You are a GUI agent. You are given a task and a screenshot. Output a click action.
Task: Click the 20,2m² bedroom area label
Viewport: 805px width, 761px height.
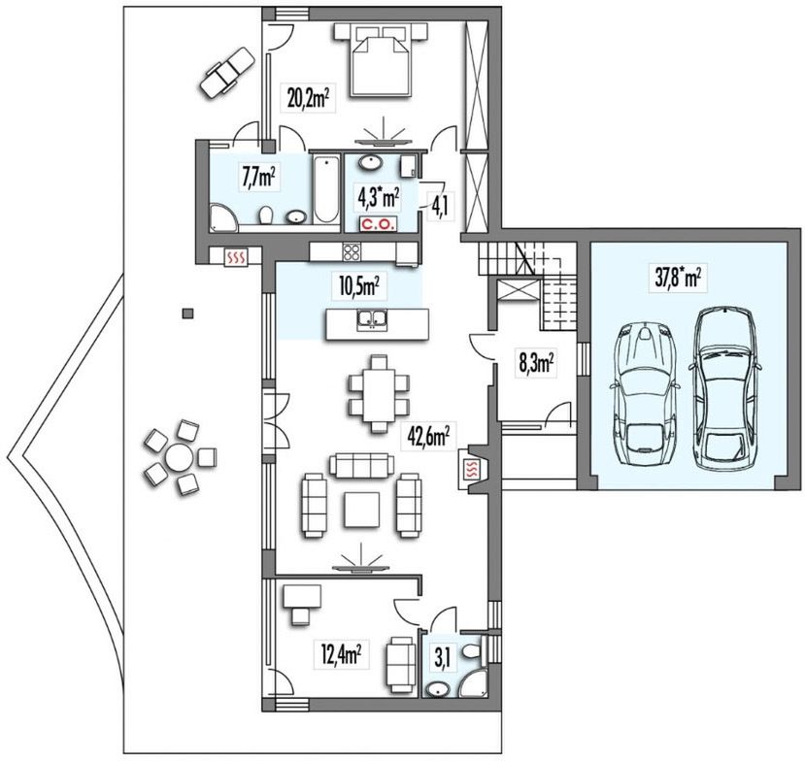coord(308,97)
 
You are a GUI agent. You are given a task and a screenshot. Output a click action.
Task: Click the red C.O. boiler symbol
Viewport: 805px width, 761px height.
coord(378,223)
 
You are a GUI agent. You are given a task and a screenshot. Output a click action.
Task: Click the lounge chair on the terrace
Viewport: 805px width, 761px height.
coord(227,73)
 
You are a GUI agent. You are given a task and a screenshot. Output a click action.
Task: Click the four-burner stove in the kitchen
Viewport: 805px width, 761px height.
coord(352,252)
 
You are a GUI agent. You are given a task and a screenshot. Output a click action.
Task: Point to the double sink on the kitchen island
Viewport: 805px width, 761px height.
coord(373,319)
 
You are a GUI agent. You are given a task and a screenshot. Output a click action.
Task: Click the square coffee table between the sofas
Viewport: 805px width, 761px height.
coord(362,509)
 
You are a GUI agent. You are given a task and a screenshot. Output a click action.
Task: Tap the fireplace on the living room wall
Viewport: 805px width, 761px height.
coord(473,468)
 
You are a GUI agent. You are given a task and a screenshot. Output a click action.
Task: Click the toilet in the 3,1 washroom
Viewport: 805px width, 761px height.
coord(471,651)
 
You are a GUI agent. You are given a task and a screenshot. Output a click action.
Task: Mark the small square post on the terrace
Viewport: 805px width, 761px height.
coord(188,313)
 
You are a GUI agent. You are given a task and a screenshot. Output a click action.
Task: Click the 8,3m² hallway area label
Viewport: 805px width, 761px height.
coord(536,363)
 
